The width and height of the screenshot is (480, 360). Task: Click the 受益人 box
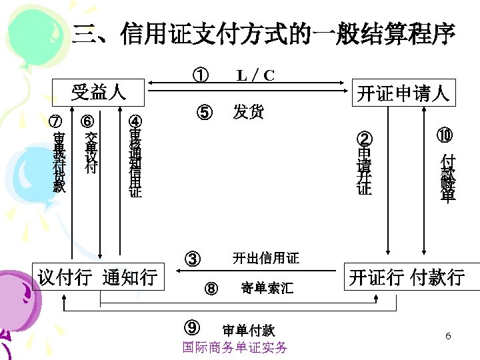tap(99, 92)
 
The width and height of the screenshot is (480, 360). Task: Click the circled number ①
tap(199, 75)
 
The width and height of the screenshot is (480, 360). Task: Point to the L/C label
tap(256, 75)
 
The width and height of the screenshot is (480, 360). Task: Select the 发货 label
tap(248, 111)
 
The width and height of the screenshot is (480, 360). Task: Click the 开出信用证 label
tap(265, 258)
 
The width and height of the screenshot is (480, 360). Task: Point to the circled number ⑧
tap(211, 289)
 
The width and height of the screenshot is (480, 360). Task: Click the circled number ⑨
tap(193, 327)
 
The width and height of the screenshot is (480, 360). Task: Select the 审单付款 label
tap(248, 330)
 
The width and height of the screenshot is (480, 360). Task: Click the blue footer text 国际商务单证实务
tap(235, 347)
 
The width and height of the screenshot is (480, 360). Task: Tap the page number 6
tap(448, 336)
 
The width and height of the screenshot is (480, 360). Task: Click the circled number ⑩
tap(445, 135)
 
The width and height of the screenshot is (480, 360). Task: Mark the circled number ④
tap(135, 122)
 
